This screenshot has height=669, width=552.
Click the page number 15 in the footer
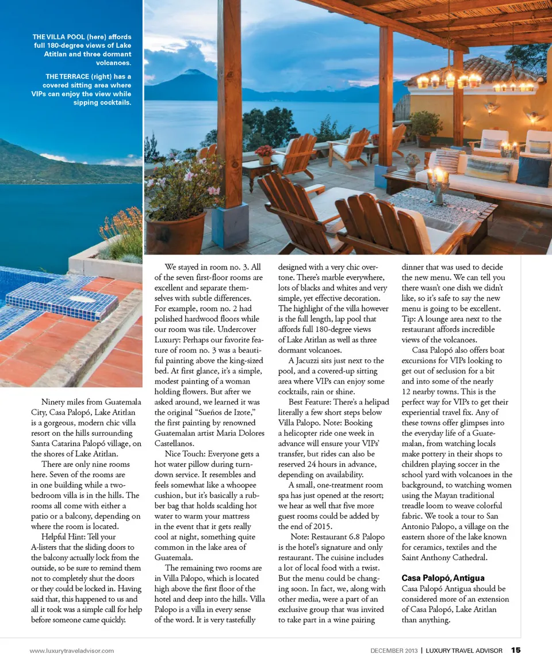tap(516, 651)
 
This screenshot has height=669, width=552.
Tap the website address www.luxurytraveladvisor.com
tap(72, 651)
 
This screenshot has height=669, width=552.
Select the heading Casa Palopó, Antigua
tap(443, 577)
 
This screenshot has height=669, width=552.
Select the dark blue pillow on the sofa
tap(533, 171)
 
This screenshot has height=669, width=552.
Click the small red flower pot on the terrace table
tap(265, 153)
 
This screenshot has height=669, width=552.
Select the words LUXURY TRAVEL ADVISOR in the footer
tap(464, 651)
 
